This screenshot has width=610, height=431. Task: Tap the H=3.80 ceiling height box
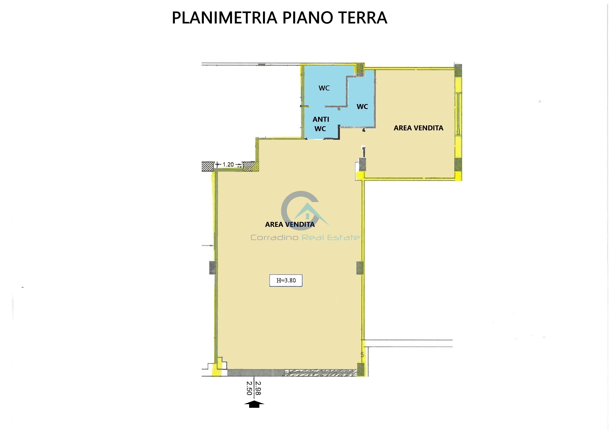pyautogui.click(x=286, y=281)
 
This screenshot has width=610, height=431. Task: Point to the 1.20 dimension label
pyautogui.click(x=228, y=165)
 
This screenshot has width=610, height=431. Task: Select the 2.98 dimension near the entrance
pyautogui.click(x=258, y=388)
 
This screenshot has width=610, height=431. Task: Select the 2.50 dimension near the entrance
pyautogui.click(x=249, y=388)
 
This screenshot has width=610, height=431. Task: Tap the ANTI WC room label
pyautogui.click(x=320, y=124)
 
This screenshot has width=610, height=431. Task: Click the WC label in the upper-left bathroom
pyautogui.click(x=324, y=88)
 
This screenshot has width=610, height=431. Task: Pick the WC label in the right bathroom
pyautogui.click(x=362, y=107)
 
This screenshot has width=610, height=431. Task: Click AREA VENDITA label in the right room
pyautogui.click(x=418, y=128)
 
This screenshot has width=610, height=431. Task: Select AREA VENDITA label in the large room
pyautogui.click(x=290, y=224)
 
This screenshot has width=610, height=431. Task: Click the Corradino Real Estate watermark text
pyautogui.click(x=305, y=238)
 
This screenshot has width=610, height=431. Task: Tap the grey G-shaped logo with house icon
pyautogui.click(x=302, y=210)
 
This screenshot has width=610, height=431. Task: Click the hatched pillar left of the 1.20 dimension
pyautogui.click(x=207, y=167)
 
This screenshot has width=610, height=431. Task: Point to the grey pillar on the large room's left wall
pyautogui.click(x=213, y=268)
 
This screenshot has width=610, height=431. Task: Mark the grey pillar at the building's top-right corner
pyautogui.click(x=458, y=70)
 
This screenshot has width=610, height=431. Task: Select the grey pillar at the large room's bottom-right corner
pyautogui.click(x=361, y=369)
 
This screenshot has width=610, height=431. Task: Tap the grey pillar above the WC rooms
pyautogui.click(x=360, y=70)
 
